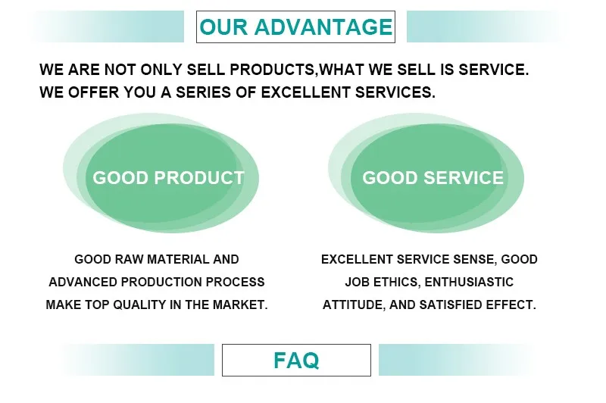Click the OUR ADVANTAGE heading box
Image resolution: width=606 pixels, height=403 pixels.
click(295, 27)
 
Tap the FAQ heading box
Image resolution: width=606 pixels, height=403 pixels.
click(296, 360)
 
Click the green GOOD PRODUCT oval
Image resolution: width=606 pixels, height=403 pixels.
click(168, 178)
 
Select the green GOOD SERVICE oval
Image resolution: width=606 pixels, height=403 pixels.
click(433, 178)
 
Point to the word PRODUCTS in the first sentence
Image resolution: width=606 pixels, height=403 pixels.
click(273, 70)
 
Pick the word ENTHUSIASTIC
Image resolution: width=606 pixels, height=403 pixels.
click(470, 282)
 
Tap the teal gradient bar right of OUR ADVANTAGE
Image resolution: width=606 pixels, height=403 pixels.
click(485, 27)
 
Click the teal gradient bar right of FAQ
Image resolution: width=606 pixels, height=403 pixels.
click(454, 360)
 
